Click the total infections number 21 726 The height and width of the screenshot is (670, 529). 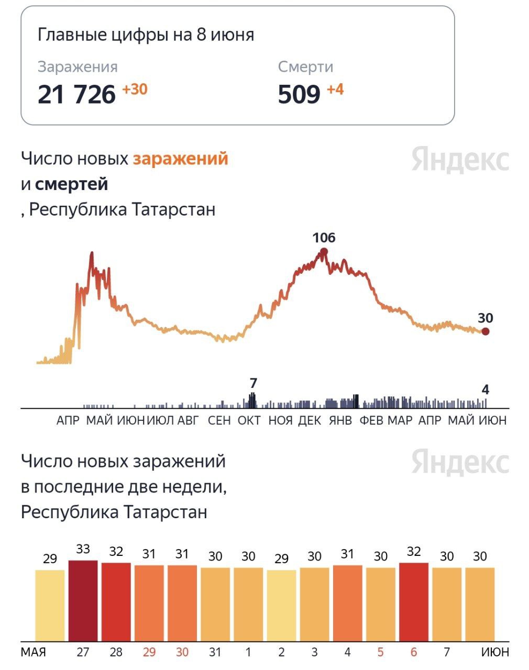click(76, 95)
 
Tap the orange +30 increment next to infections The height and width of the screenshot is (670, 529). click(135, 90)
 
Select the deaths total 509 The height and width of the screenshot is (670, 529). click(299, 95)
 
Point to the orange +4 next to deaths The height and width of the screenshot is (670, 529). click(335, 90)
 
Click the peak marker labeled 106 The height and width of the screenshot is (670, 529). click(324, 252)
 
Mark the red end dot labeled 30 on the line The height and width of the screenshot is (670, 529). click(486, 331)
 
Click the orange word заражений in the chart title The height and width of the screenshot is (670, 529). click(180, 158)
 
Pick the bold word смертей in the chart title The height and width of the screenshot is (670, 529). click(71, 184)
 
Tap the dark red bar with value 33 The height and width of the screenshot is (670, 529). click(83, 600)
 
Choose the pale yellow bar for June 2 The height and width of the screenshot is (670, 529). click(281, 605)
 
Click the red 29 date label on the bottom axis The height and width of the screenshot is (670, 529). click(149, 652)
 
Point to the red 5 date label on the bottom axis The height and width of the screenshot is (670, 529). click(381, 652)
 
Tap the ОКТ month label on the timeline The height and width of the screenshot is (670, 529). click(249, 420)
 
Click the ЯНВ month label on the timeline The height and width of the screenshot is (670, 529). click(340, 420)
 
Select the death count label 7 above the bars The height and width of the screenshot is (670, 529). click(254, 383)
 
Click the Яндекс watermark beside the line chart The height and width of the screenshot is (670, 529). click(460, 159)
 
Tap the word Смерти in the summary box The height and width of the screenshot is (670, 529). click(305, 67)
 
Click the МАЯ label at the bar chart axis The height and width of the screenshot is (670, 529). click(34, 652)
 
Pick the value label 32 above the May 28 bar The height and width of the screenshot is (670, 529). click(116, 551)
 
